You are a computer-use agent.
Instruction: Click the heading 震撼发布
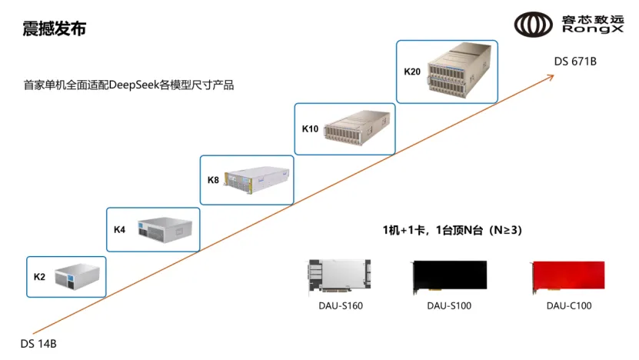(x=54, y=29)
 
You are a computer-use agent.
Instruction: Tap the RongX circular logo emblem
(x=533, y=25)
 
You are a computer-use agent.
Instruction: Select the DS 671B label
(x=575, y=62)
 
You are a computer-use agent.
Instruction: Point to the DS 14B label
(x=38, y=344)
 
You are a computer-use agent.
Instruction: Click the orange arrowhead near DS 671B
(x=551, y=76)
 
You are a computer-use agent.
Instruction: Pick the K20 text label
(x=412, y=72)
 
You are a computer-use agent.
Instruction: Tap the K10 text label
(x=310, y=128)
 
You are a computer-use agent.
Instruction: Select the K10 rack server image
(x=357, y=126)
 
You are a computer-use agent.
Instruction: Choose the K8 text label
(x=213, y=180)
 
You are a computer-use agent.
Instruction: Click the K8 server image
(x=257, y=179)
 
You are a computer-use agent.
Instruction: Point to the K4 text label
(x=119, y=229)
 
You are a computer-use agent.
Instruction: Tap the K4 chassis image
(x=165, y=229)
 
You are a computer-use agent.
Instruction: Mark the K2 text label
(x=39, y=277)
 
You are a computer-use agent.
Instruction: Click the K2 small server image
(x=78, y=276)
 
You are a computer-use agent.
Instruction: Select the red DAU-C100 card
(x=568, y=277)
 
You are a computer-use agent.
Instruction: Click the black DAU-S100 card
(x=450, y=277)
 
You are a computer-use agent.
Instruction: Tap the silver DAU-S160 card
(x=340, y=276)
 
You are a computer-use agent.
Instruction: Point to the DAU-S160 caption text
(x=341, y=306)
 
